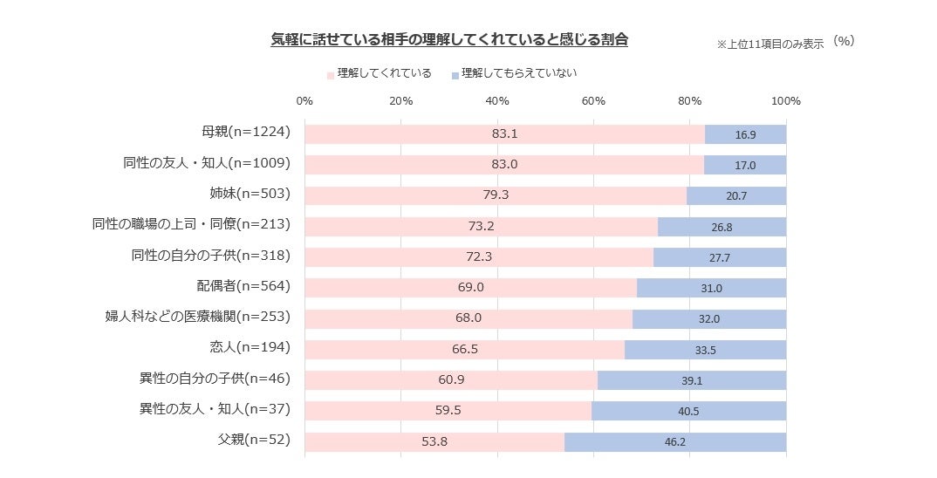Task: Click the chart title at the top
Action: (x=448, y=40)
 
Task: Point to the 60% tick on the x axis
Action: (x=593, y=101)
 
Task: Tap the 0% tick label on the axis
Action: (x=304, y=101)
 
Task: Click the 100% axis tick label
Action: (x=785, y=101)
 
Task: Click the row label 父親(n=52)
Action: (x=253, y=440)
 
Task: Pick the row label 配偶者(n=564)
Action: (x=243, y=286)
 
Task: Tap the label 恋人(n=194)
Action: (x=250, y=347)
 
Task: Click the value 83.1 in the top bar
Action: (x=504, y=134)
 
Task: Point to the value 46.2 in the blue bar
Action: (x=674, y=442)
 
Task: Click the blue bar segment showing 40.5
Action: (x=688, y=411)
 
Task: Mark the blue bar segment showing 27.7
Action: (x=720, y=257)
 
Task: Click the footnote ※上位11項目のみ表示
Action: (x=769, y=44)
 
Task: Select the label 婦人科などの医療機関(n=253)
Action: (x=197, y=317)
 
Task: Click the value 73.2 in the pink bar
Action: (x=482, y=226)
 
